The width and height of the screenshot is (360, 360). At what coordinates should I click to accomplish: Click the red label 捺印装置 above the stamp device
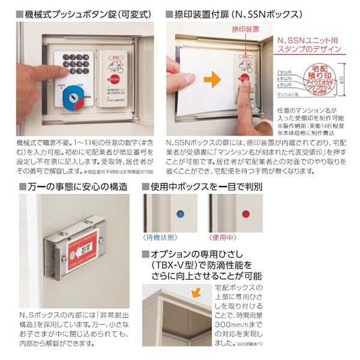[x=245, y=29]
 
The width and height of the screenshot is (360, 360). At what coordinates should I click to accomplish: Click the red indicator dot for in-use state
[x=244, y=213]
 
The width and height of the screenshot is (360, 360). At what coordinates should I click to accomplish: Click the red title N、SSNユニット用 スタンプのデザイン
[x=308, y=44]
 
